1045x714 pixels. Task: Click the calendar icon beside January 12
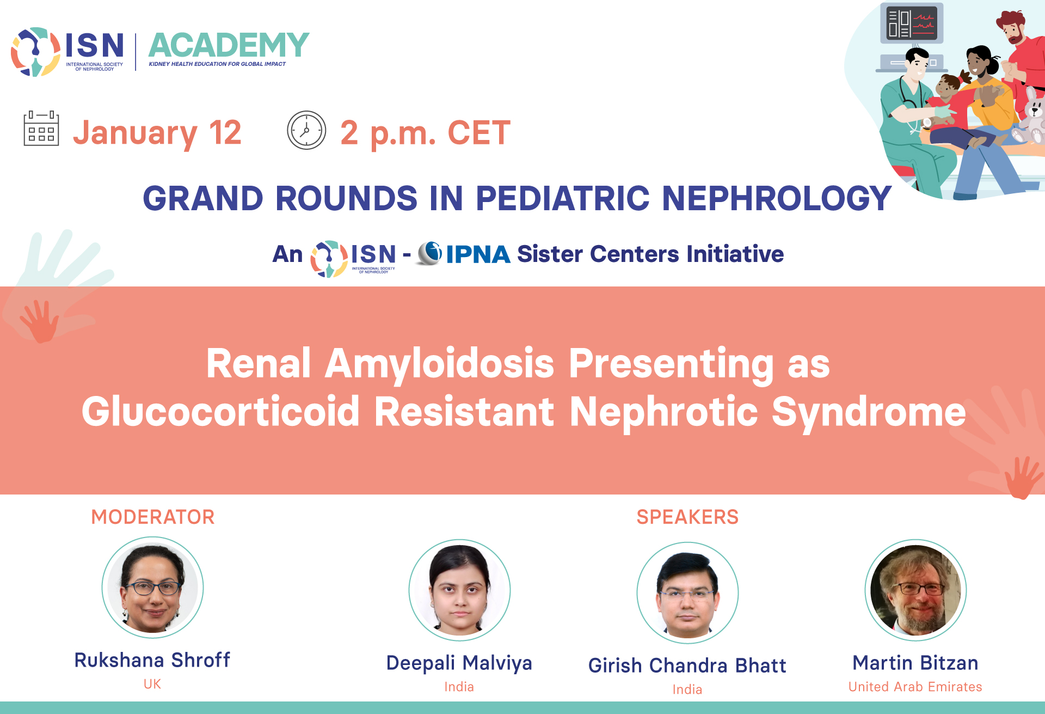point(41,129)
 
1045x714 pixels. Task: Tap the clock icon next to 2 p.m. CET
point(306,130)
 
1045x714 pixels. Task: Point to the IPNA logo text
point(478,254)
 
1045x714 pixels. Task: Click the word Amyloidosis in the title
point(440,364)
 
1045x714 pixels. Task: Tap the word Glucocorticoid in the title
point(220,412)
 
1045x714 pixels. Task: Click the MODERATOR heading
point(153,517)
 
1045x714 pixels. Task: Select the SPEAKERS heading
point(687,517)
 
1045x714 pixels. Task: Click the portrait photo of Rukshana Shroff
point(153,587)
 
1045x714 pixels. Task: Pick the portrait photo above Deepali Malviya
point(459,590)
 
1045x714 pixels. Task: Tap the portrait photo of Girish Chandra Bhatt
point(687,593)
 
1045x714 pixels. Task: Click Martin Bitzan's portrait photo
point(915,590)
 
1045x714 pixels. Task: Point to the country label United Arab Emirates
point(915,687)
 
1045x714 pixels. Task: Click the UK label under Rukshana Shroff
point(152,684)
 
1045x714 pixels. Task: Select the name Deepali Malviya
point(459,663)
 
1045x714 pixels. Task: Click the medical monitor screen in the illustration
point(912,23)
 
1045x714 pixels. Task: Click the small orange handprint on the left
point(39,321)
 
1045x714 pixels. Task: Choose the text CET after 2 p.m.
point(479,132)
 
